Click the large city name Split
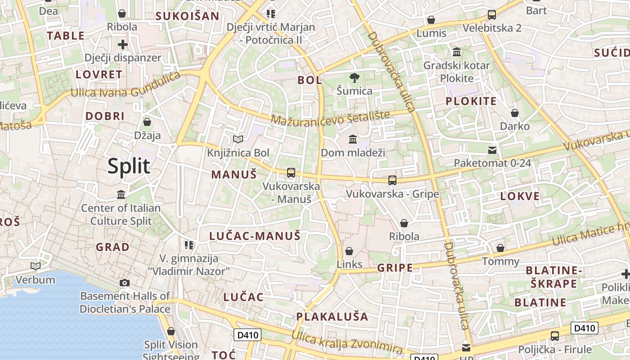129,166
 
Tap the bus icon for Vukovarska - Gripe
392,180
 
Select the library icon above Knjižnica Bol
238,139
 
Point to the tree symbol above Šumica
355,77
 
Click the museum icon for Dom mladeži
353,139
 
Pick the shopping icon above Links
349,251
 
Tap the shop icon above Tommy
500,248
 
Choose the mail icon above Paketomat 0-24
492,150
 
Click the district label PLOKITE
471,101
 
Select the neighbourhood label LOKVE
520,196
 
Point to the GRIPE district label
395,268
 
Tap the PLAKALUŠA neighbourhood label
332,316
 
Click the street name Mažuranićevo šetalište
330,118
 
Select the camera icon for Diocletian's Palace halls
125,283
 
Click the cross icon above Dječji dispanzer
123,45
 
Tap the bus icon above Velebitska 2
492,15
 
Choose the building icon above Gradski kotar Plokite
457,52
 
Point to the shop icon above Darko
515,112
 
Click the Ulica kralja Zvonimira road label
346,342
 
